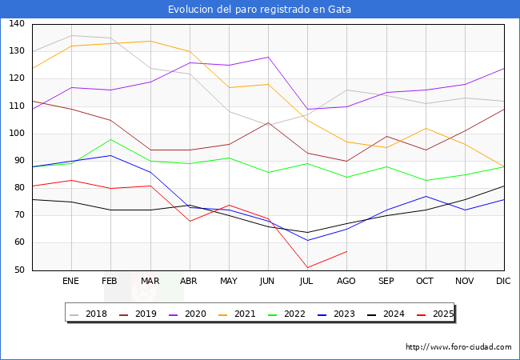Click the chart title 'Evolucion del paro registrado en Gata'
259,10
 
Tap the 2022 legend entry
292,314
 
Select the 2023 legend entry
342,314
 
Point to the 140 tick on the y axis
17,24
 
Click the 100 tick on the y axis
17,134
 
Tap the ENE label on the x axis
71,282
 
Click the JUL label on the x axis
307,282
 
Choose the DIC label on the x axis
503,282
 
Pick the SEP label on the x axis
386,282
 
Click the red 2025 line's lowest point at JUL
307,268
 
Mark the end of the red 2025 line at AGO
346,251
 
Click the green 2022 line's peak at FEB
110,139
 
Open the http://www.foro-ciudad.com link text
458,347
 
